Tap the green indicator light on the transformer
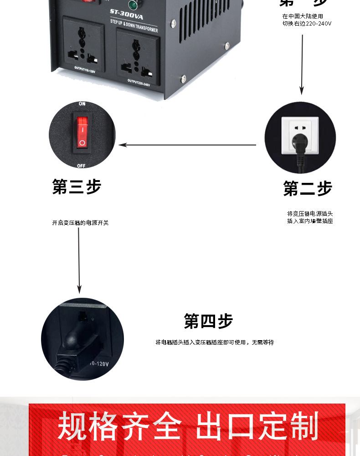point(133,5)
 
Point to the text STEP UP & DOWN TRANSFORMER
point(134,26)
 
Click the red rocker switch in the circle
point(82,132)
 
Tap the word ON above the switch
point(82,104)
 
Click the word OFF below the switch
point(82,166)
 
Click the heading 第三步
point(77,187)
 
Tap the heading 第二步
point(308,188)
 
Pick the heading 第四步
point(208,321)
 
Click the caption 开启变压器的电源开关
point(80,223)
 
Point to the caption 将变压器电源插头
point(310,213)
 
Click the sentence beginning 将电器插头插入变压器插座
point(215,342)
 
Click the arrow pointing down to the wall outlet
point(301,64)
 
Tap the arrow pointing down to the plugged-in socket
point(79,260)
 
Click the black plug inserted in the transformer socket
point(75,340)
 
